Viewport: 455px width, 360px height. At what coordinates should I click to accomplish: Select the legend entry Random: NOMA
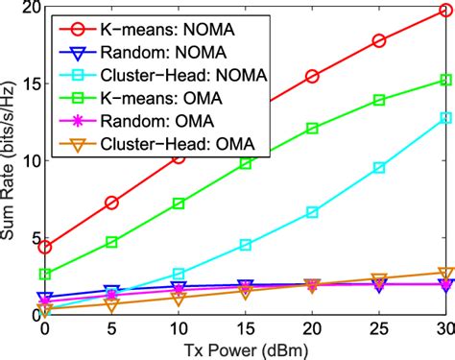(x=154, y=48)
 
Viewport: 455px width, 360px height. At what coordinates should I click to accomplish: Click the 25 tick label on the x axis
(x=379, y=328)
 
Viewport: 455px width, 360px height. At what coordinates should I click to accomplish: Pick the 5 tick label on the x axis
(x=111, y=328)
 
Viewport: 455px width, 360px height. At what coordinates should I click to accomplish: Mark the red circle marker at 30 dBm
(x=445, y=11)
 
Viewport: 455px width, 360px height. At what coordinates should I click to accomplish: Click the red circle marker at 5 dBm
(x=111, y=203)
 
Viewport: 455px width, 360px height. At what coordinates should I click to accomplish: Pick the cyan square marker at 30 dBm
(x=445, y=117)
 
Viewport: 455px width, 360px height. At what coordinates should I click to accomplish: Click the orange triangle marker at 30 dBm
(x=445, y=274)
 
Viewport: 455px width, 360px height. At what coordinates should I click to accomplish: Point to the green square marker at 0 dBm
(x=45, y=274)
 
